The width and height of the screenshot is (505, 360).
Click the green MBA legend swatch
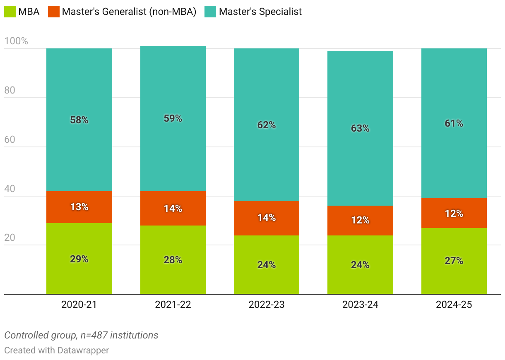(x=10, y=12)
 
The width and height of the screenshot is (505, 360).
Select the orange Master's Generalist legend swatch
(x=54, y=12)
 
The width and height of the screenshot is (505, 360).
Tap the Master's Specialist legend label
(x=260, y=12)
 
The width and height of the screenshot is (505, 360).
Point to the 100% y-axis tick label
(x=16, y=41)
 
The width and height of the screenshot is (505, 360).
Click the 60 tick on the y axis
(x=10, y=139)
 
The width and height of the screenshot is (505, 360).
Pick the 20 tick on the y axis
(x=10, y=238)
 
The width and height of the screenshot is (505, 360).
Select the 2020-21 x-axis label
(x=79, y=305)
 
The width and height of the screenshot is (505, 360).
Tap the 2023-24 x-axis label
(x=360, y=305)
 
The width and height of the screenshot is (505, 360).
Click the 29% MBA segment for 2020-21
(x=79, y=259)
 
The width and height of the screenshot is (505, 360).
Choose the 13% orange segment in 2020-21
(x=79, y=207)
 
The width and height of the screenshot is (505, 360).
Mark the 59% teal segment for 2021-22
(x=173, y=118)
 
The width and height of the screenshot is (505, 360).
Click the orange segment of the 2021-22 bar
(x=173, y=209)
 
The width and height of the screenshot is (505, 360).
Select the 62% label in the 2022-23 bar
(x=267, y=125)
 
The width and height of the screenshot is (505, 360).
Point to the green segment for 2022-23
(x=267, y=265)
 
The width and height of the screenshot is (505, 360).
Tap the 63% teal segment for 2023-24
(x=360, y=128)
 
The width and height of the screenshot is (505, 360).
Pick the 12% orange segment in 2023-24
(x=360, y=220)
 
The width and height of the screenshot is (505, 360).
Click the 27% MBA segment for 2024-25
(x=454, y=261)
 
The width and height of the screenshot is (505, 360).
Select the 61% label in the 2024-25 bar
(x=454, y=123)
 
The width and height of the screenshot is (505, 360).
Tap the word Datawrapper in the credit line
(x=83, y=350)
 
